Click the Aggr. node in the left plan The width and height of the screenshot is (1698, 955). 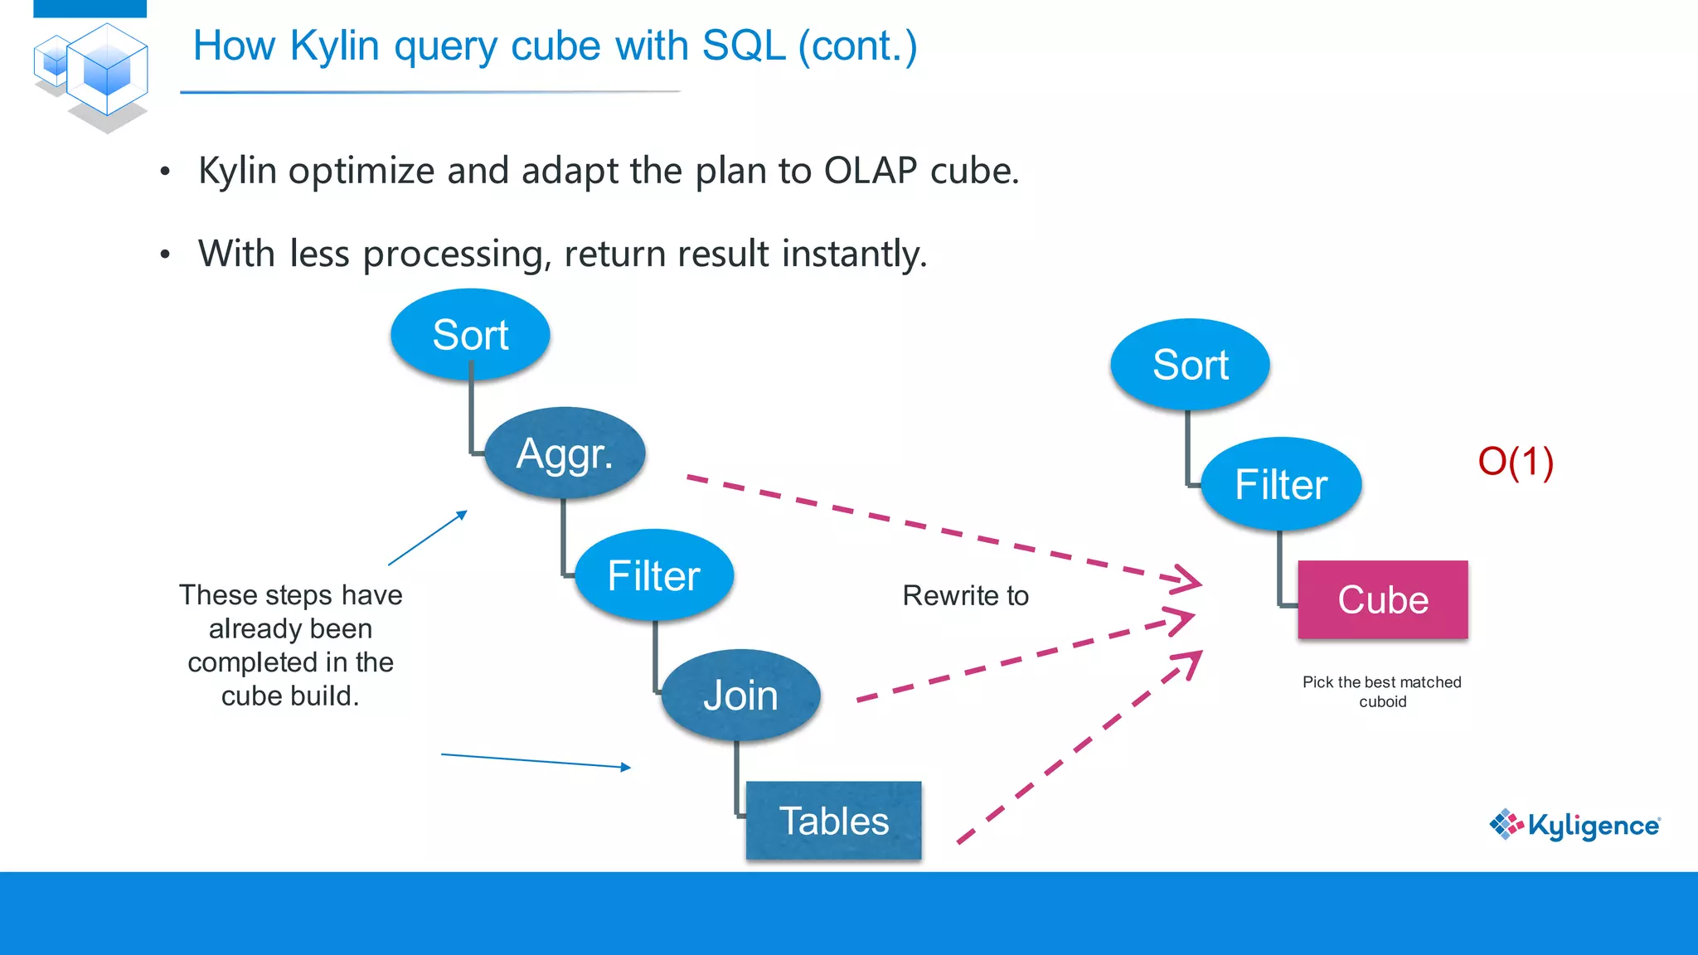pos(565,453)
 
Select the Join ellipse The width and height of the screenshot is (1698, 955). pos(740,695)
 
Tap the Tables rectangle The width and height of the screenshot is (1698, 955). pos(833,820)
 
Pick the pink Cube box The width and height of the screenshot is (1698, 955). pos(1383,599)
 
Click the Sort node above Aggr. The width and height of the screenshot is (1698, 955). pos(470,334)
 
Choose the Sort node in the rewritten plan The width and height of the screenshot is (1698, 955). pos(1190,364)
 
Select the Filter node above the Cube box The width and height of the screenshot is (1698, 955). pos(1281,484)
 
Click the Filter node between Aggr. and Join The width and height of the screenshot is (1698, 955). pos(654,575)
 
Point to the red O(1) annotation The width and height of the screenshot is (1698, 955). pos(1516,461)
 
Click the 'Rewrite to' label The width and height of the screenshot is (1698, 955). pos(965,595)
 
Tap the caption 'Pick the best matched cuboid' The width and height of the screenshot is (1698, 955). pos(1382,691)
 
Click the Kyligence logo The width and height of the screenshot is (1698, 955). pos(1574,825)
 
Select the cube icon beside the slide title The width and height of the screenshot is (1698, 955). pos(91,76)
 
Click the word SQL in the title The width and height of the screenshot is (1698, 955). pos(744,46)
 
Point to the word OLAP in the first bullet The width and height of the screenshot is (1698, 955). pos(871,171)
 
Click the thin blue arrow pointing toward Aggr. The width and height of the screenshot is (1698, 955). pos(428,538)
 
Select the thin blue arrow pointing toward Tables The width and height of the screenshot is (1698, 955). pos(536,761)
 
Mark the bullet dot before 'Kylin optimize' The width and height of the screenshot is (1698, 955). pos(165,172)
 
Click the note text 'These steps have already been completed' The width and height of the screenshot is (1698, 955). pos(291,628)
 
